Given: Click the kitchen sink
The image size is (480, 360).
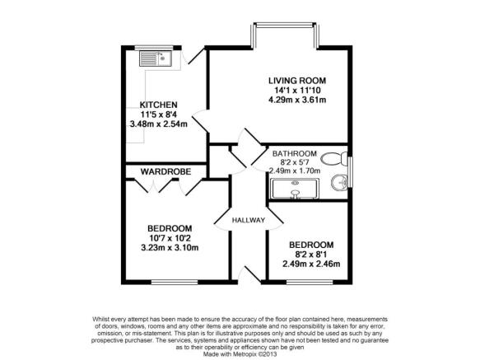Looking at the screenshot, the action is click(156, 58).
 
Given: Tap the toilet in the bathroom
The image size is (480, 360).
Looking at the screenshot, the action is click(334, 159).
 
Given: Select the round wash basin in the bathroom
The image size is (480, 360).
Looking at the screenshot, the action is click(339, 183).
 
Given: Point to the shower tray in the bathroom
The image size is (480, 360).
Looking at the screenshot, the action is click(295, 189).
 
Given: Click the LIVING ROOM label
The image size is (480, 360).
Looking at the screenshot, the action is click(297, 81).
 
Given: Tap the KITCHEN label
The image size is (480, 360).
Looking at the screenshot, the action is click(159, 105).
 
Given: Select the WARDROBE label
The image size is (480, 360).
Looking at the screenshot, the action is click(165, 171).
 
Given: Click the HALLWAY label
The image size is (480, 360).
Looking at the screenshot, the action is click(249, 220).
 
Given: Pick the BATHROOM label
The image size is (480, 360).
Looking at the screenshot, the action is click(295, 153).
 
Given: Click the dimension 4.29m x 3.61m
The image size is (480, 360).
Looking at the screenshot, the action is click(297, 100).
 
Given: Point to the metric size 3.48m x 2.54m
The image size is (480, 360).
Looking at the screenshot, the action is click(159, 124).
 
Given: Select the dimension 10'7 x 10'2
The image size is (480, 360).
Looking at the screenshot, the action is click(170, 238).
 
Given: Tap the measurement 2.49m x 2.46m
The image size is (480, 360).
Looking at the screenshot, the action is click(311, 264).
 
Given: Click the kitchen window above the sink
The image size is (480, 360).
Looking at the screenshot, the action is click(154, 48).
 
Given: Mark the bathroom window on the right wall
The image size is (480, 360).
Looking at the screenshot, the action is click(351, 172).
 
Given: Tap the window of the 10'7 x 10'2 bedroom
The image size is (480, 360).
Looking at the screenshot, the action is click(175, 282).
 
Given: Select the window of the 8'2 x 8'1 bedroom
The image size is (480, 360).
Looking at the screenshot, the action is click(310, 282).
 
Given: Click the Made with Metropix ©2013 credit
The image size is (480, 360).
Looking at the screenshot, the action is click(240, 354).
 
